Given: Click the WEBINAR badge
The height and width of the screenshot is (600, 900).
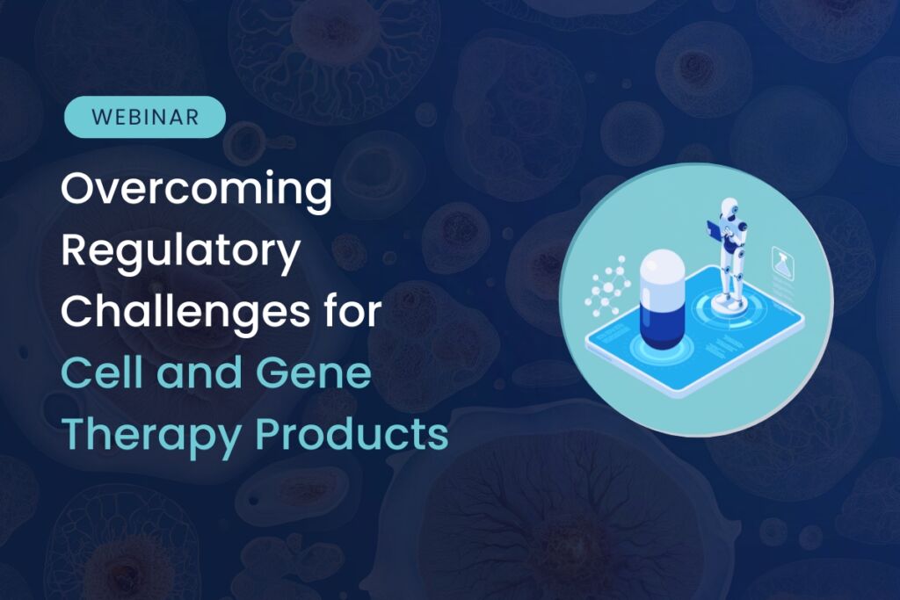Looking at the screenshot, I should click(145, 117).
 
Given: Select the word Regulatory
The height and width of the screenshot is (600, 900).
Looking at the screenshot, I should click(182, 252).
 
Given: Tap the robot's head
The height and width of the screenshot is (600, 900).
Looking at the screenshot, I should click(728, 210).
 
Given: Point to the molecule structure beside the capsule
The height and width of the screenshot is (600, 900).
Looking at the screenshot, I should click(607, 285).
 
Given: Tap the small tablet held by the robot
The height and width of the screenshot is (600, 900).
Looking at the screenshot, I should click(709, 231).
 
